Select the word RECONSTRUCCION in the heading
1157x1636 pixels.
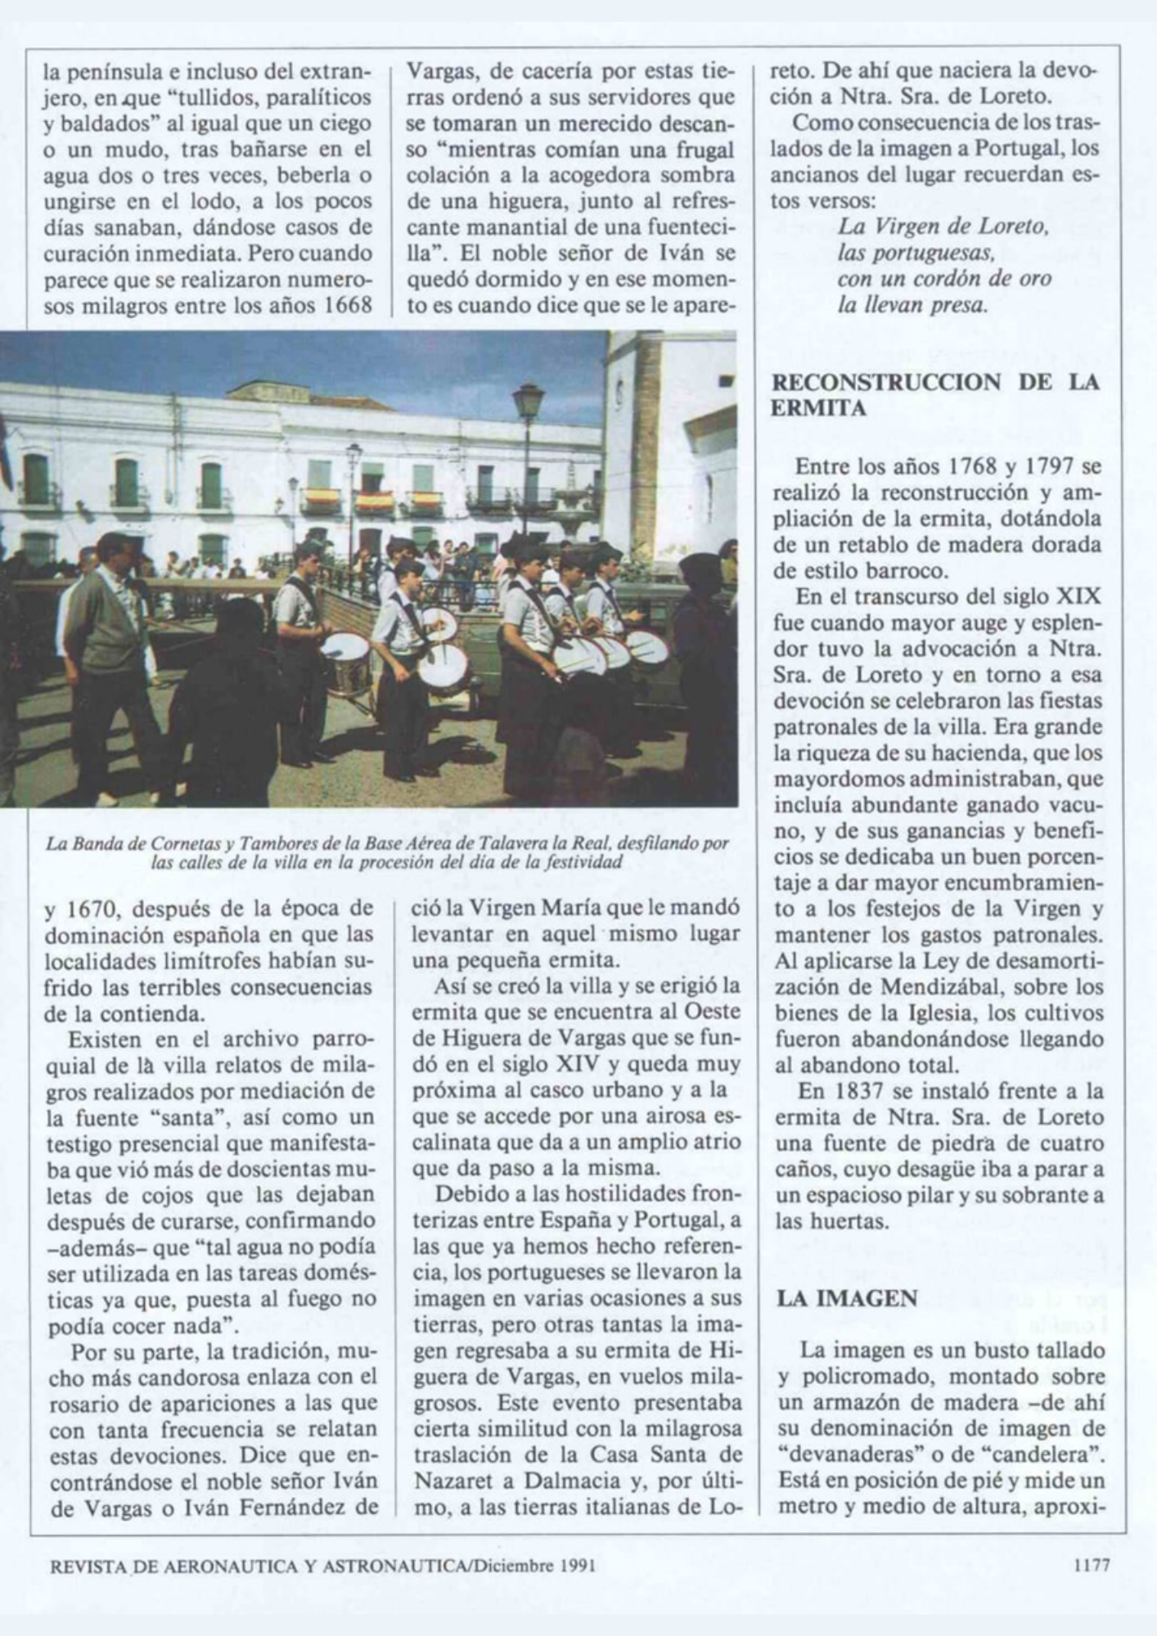(x=886, y=382)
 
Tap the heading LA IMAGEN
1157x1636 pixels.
(x=844, y=1298)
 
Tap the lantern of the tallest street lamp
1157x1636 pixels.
(x=528, y=402)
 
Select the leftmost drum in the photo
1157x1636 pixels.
(x=345, y=659)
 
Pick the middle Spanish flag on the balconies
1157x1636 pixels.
(x=373, y=501)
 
